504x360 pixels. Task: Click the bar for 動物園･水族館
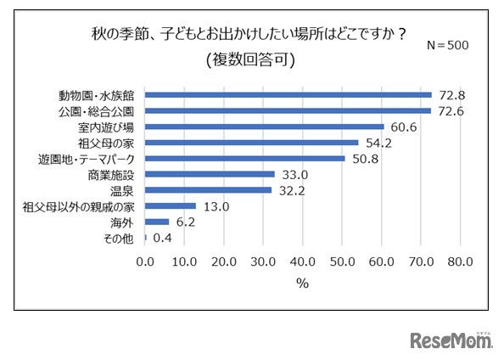click(288, 95)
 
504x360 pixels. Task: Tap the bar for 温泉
click(209, 190)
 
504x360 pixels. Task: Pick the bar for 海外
click(158, 222)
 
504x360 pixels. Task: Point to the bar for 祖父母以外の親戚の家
click(171, 205)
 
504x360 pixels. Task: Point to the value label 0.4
click(161, 238)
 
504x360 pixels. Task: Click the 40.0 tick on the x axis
click(303, 261)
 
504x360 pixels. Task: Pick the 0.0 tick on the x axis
click(146, 261)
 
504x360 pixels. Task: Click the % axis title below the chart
click(302, 284)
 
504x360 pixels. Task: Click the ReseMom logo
click(451, 340)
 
